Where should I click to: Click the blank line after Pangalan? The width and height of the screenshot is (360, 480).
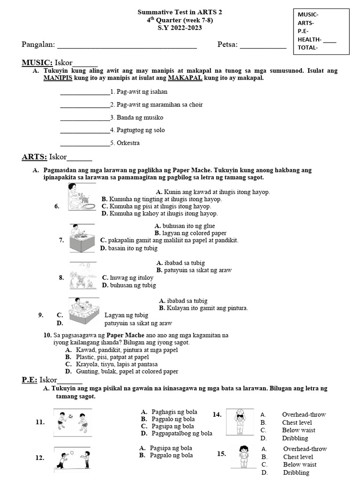(127, 47)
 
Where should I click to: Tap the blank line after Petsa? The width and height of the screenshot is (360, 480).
(263, 47)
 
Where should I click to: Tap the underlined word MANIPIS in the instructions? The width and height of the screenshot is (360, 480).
(58, 78)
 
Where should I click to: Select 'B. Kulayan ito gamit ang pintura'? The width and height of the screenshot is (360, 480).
(203, 308)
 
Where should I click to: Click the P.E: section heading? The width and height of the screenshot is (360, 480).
(30, 380)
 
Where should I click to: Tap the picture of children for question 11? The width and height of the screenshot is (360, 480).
(72, 421)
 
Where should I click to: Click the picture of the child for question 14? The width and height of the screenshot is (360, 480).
(240, 422)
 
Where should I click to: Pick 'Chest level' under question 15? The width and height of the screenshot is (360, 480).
(298, 457)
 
